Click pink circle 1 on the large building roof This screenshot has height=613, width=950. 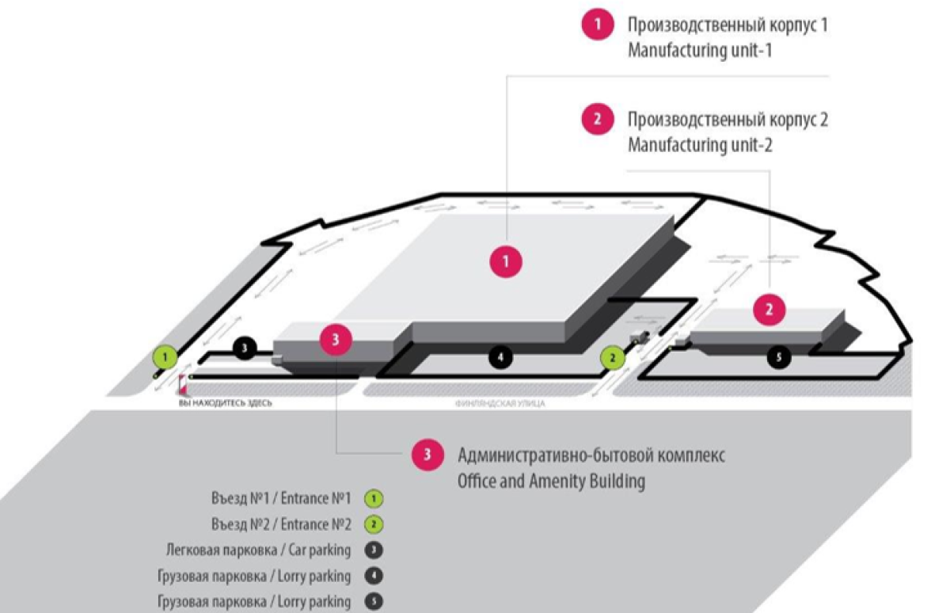coord(506,261)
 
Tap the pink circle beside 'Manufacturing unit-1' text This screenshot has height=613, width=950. coord(598,25)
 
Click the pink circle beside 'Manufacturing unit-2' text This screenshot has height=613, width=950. coord(598,120)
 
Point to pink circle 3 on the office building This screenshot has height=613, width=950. coord(336,340)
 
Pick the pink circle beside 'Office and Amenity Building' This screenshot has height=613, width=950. coord(428,455)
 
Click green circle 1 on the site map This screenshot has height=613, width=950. coord(165,357)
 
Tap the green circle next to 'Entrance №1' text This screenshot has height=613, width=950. coord(374,499)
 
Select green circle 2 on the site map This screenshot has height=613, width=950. coord(612,357)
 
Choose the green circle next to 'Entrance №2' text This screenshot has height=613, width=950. coord(374,524)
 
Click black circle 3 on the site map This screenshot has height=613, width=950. coord(245,347)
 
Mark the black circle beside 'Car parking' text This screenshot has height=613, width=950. coord(374,550)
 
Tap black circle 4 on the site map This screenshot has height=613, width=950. coord(500,358)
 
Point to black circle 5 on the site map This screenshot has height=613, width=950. coord(779,358)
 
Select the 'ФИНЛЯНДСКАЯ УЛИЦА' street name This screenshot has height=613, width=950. coord(500,403)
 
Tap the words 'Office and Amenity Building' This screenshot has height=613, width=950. coord(551,481)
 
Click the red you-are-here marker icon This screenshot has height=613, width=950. coord(183,383)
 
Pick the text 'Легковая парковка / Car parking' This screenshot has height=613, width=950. coord(258,550)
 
